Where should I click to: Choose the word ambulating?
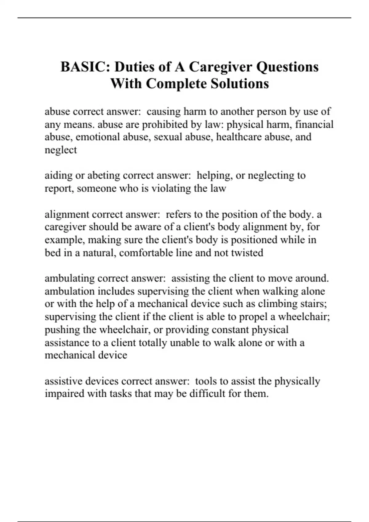coord(69,279)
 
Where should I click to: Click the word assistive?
coord(63,381)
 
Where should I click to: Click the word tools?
coord(206,381)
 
